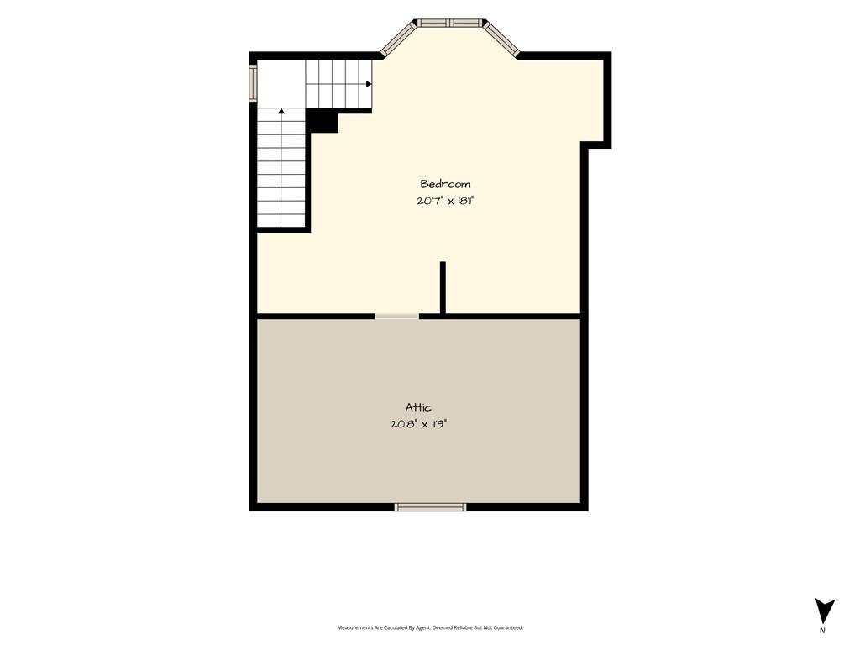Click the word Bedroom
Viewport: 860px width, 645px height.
tap(445, 184)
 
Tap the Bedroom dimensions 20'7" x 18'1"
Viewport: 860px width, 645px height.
tap(445, 201)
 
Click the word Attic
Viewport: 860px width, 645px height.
tap(418, 407)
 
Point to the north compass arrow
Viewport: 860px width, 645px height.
tap(824, 611)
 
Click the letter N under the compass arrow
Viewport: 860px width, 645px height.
tap(821, 630)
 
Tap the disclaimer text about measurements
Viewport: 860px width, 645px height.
tap(430, 627)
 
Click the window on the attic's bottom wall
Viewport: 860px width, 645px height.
tap(431, 507)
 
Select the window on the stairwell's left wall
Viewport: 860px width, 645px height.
tap(253, 83)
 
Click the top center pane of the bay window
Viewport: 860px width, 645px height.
tap(450, 23)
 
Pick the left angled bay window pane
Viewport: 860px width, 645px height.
tap(397, 38)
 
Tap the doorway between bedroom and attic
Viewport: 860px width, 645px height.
tap(396, 317)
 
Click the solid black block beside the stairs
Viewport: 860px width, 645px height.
tap(322, 121)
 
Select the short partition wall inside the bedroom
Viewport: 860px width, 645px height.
tap(443, 289)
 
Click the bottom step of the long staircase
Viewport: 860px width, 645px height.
tap(281, 221)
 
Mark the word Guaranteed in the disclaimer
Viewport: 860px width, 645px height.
tap(511, 627)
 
